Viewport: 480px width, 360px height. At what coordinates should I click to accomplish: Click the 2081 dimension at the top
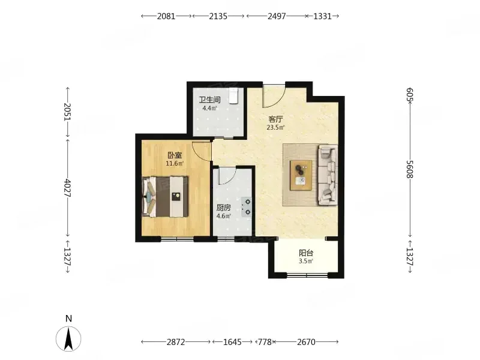pyautogui.click(x=166, y=16)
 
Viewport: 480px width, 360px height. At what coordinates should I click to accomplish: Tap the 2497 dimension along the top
pyautogui.click(x=277, y=16)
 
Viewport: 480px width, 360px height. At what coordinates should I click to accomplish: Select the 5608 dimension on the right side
pyautogui.click(x=410, y=169)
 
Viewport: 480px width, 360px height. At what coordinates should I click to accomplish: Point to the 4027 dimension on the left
pyautogui.click(x=68, y=188)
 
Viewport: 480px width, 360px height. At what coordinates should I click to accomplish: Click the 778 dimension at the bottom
pyautogui.click(x=265, y=341)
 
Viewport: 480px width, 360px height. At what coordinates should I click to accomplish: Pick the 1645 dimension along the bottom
pyautogui.click(x=232, y=341)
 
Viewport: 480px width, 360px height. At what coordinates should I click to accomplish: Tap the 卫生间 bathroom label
pyautogui.click(x=209, y=100)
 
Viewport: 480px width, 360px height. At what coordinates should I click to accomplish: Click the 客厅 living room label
pyautogui.click(x=275, y=119)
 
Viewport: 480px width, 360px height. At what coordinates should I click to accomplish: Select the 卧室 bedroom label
pyautogui.click(x=175, y=155)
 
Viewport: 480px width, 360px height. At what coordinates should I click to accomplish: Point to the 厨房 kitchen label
pyautogui.click(x=223, y=208)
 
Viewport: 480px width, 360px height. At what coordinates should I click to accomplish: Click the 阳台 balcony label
pyautogui.click(x=306, y=253)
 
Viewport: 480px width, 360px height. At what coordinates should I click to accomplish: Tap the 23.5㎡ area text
pyautogui.click(x=275, y=127)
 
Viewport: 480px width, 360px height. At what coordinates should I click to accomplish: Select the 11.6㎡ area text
pyautogui.click(x=175, y=163)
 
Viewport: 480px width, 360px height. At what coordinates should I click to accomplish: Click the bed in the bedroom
pyautogui.click(x=165, y=197)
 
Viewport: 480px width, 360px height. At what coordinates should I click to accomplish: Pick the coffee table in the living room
pyautogui.click(x=301, y=175)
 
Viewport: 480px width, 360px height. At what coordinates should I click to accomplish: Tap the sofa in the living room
pyautogui.click(x=328, y=175)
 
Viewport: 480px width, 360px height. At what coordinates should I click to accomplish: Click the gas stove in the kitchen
pyautogui.click(x=247, y=207)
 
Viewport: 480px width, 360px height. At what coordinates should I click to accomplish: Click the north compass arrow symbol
pyautogui.click(x=68, y=338)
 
